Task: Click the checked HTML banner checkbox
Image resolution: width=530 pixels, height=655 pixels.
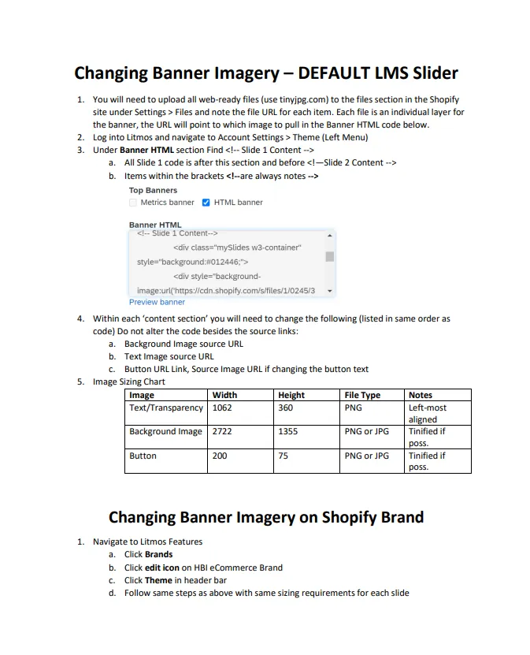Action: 206,203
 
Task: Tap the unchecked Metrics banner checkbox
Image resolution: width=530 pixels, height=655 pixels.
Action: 133,203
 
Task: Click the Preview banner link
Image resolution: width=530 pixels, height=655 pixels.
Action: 157,302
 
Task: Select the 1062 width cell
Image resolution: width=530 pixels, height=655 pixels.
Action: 222,408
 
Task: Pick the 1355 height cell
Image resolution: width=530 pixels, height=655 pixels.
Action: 287,432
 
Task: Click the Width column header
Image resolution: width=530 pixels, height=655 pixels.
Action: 224,395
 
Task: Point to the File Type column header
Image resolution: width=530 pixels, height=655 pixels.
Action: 362,395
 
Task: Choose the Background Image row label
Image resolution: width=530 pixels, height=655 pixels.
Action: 165,432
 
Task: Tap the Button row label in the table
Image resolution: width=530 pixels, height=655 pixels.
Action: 143,456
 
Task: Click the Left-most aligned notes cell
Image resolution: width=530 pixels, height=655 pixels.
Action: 428,414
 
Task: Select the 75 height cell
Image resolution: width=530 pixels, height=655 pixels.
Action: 284,456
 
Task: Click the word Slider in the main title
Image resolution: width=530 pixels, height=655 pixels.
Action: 428,73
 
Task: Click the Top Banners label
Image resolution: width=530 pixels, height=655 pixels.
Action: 153,190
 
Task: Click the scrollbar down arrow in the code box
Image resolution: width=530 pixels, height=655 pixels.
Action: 330,291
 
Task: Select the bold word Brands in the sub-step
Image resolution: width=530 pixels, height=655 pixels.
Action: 158,554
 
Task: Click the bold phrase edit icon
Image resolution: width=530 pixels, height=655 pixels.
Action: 162,568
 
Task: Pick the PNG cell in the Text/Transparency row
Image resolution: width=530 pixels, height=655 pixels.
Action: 353,408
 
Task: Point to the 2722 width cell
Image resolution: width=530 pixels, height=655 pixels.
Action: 222,432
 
